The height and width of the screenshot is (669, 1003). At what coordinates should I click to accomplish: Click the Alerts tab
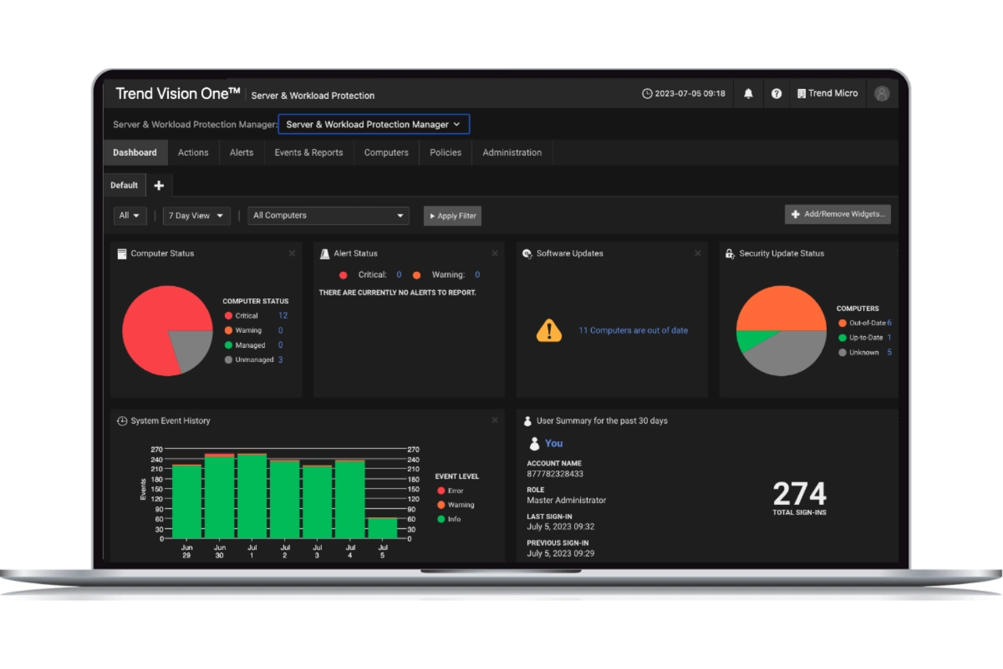pyautogui.click(x=241, y=153)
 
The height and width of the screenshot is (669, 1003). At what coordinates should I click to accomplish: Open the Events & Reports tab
pyautogui.click(x=308, y=153)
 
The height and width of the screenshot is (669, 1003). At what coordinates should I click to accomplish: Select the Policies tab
pyautogui.click(x=445, y=153)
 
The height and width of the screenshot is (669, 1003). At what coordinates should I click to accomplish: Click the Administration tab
pyautogui.click(x=512, y=153)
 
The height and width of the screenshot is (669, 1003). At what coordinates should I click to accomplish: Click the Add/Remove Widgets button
pyautogui.click(x=838, y=214)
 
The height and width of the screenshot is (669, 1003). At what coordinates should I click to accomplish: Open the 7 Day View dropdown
pyautogui.click(x=196, y=216)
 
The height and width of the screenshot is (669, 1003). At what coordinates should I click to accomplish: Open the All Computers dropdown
pyautogui.click(x=328, y=216)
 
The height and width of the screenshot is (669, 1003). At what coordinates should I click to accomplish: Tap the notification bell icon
pyautogui.click(x=748, y=94)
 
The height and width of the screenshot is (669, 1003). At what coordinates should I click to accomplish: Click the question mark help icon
pyautogui.click(x=777, y=94)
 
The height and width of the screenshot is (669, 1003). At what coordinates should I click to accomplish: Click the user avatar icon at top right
pyautogui.click(x=882, y=94)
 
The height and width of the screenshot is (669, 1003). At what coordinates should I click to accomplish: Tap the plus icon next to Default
pyautogui.click(x=159, y=185)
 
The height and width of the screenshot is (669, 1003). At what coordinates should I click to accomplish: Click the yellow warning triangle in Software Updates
pyautogui.click(x=549, y=331)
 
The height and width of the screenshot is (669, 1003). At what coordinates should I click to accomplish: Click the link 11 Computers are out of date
pyautogui.click(x=633, y=331)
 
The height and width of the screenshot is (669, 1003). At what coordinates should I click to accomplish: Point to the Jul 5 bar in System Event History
pyautogui.click(x=382, y=528)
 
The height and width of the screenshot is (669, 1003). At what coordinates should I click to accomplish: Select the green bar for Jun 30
pyautogui.click(x=220, y=498)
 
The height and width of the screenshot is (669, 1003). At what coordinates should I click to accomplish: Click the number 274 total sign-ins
pyautogui.click(x=800, y=494)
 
